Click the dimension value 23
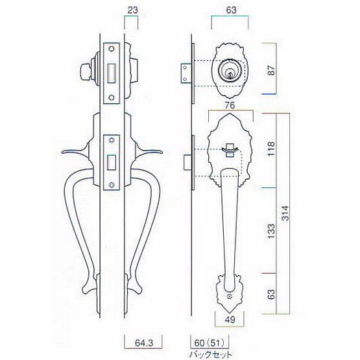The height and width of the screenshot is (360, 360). tap(132, 10)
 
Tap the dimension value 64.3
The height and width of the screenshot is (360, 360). tap(144, 343)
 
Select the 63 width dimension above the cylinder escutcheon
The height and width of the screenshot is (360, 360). tap(231, 10)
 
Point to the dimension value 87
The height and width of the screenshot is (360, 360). tap(271, 70)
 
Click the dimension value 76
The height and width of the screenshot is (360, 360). tap(230, 105)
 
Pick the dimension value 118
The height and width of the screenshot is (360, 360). tap(271, 149)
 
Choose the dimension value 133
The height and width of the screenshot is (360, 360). tap(271, 231)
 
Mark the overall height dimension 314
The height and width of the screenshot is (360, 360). tap(285, 213)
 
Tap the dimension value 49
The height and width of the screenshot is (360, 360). tap(230, 320)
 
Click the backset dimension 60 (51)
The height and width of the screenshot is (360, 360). tap(209, 343)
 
